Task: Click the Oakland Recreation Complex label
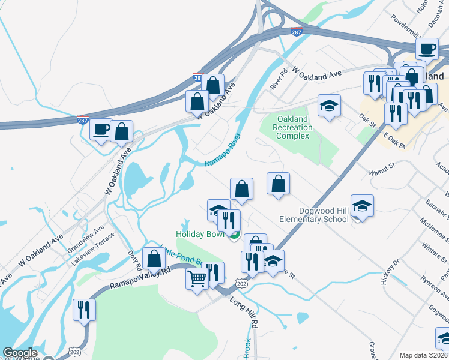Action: pos(292,127)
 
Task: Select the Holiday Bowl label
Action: pos(200,234)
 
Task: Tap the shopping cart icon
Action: pos(197,279)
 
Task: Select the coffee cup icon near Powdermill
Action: pos(427,49)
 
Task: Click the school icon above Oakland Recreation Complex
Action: pos(329,106)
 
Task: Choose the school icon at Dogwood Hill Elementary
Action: pos(362,206)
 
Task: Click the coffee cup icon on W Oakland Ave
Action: pos(100,129)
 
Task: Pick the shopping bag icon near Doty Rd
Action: pos(154,259)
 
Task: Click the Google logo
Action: pos(20,353)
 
